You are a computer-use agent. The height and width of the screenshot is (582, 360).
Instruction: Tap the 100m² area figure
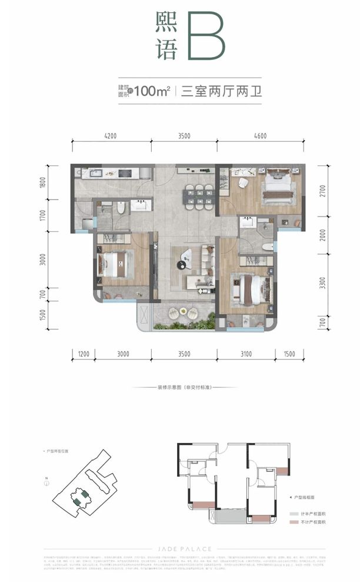tap(152, 91)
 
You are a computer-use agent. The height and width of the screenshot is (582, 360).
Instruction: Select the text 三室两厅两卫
tap(212, 91)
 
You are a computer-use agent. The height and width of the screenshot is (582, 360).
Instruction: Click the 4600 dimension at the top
tap(261, 136)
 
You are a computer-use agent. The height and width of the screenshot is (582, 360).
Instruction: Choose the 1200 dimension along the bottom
tap(83, 354)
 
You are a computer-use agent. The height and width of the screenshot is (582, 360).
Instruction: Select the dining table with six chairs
tap(199, 195)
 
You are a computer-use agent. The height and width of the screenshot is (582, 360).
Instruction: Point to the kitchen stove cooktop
tap(125, 173)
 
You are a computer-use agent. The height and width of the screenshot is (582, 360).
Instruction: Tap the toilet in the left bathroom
tap(121, 207)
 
